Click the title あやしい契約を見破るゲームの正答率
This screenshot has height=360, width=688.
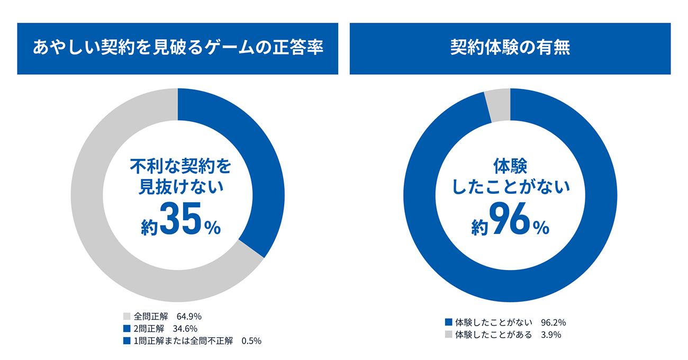coord(177,48)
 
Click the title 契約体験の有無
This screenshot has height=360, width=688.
coord(510,48)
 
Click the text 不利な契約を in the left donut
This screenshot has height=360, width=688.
coord(180,166)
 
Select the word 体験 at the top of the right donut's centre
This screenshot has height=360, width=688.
coord(510,166)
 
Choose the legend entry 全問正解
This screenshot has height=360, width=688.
coord(150,317)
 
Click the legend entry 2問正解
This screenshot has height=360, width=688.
coord(150,329)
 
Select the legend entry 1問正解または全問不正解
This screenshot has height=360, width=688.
coord(183,341)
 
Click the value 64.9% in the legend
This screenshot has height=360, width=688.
coord(189,317)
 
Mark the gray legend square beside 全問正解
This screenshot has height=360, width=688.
coord(126,317)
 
